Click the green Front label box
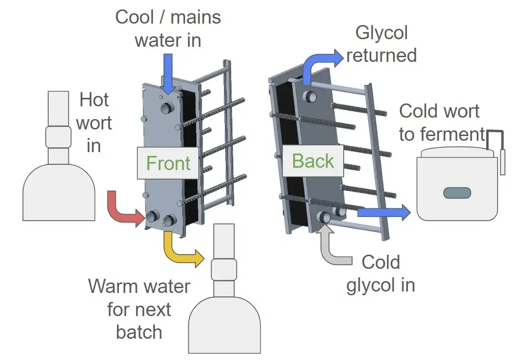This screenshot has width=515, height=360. click(x=168, y=163)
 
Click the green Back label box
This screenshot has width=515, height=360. click(x=312, y=161)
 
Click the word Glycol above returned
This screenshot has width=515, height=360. click(x=381, y=33)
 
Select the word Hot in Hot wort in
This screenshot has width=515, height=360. click(x=94, y=100)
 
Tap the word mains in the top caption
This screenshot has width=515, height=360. click(x=195, y=18)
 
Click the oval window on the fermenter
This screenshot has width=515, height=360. click(x=457, y=193)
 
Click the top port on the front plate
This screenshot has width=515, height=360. click(x=167, y=108)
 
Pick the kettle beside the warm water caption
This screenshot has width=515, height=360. click(x=224, y=307)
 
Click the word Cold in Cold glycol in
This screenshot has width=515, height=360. click(x=381, y=262)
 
